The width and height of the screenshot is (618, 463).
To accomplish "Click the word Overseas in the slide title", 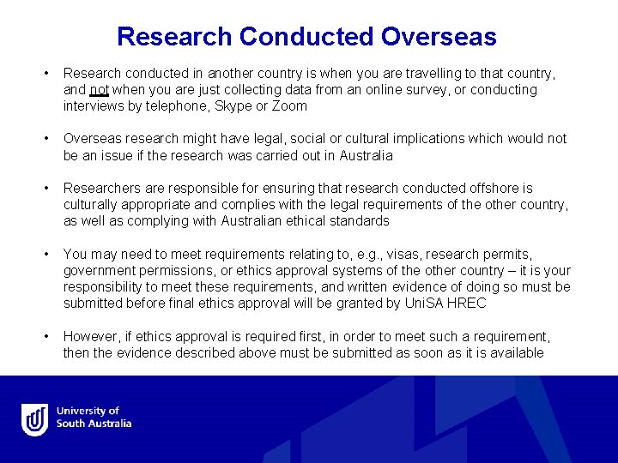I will click(x=439, y=37).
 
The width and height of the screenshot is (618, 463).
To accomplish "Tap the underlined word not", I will click(x=100, y=90).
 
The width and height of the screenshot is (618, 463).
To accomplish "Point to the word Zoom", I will click(x=290, y=106).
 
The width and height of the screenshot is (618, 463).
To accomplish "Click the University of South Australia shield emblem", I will click(x=35, y=419).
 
